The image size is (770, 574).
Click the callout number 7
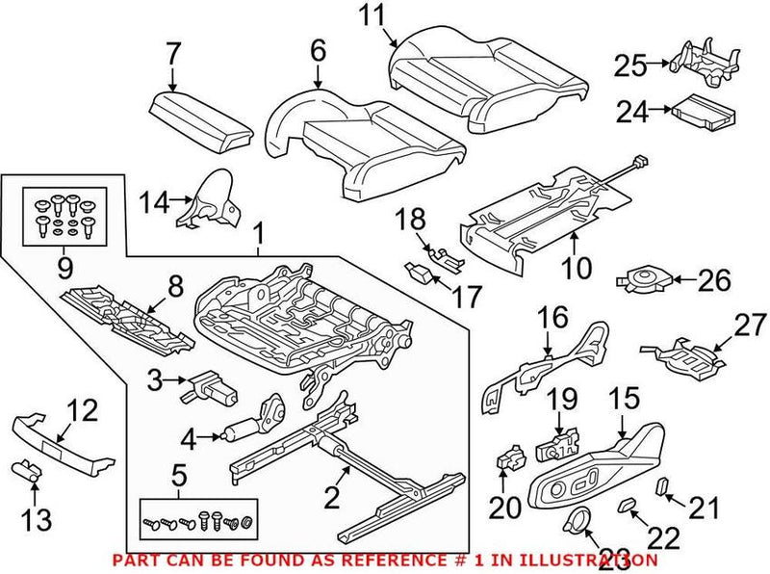pyautogui.click(x=172, y=55)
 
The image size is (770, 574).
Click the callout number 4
pyautogui.click(x=188, y=440)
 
